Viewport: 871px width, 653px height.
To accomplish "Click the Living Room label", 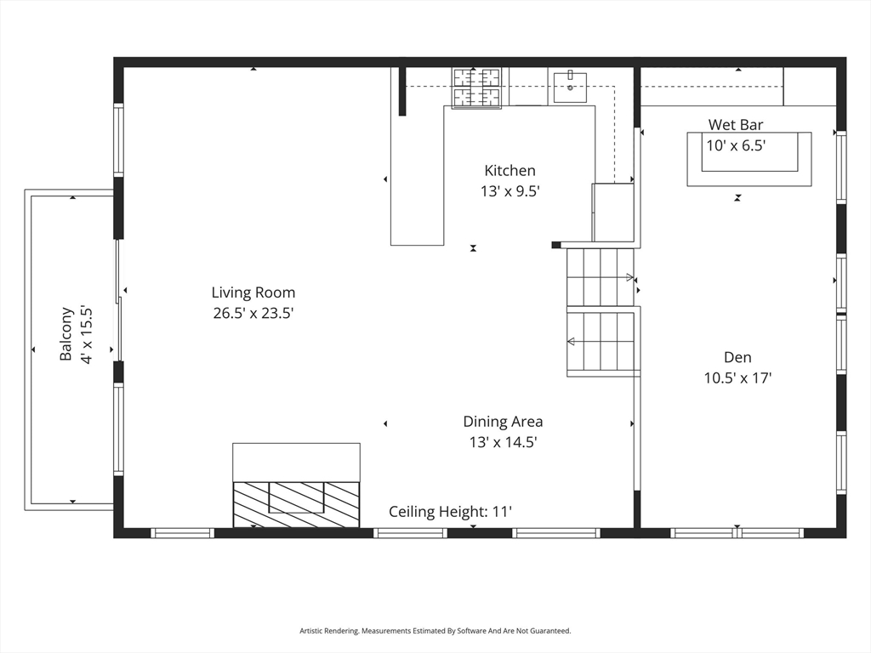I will [253, 292].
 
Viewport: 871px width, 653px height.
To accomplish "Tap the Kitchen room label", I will [510, 171].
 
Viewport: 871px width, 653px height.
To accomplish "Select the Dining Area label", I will [503, 422].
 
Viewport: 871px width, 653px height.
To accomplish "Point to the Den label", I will [737, 358].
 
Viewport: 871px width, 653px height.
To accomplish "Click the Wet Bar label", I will [736, 125].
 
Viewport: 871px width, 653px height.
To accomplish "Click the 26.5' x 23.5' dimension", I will [253, 314].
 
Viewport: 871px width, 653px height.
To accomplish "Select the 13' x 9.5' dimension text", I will [510, 192].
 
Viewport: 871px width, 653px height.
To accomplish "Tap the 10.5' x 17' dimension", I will [737, 379].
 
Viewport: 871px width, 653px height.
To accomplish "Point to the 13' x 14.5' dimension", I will [503, 442].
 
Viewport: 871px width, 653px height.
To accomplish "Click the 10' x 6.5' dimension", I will [736, 146].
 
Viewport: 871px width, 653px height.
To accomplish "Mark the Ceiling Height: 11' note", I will [450, 512].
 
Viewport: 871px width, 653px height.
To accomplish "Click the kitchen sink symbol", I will [570, 87].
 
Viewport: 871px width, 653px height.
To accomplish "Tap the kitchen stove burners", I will [476, 88].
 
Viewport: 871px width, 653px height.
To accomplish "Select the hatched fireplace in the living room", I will [296, 504].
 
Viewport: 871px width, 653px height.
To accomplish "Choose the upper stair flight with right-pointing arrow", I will [601, 276].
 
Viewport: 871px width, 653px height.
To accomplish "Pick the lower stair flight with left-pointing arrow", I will [601, 342].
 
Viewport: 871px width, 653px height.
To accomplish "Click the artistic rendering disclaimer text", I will [435, 631].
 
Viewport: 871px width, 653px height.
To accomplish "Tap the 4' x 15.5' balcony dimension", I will [85, 334].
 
